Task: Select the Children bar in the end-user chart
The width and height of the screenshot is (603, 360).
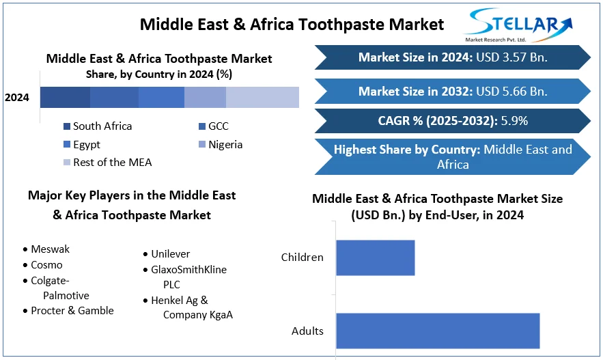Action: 376,258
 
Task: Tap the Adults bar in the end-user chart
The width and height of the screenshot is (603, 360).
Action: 438,331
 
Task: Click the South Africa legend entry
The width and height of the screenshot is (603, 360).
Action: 98,126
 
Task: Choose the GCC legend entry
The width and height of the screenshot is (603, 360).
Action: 214,126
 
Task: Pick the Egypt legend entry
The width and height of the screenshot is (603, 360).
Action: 82,145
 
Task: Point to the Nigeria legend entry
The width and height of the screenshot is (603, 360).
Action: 221,145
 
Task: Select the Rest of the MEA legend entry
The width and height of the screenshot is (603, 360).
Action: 108,163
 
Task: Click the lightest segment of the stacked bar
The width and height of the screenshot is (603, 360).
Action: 262,97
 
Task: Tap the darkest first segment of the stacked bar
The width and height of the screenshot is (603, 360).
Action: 65,97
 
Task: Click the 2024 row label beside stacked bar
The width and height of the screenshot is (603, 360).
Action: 17,97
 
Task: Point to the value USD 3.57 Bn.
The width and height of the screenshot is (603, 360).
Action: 511,57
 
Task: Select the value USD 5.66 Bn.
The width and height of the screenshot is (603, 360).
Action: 511,91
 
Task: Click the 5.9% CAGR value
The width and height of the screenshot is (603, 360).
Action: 514,121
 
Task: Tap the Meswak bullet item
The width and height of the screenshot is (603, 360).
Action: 46,249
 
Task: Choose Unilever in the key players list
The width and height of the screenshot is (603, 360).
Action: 167,254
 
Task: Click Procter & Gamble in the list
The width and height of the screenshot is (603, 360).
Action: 68,310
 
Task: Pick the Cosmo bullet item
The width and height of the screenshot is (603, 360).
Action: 43,265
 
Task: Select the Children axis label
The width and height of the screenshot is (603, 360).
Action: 303,258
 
